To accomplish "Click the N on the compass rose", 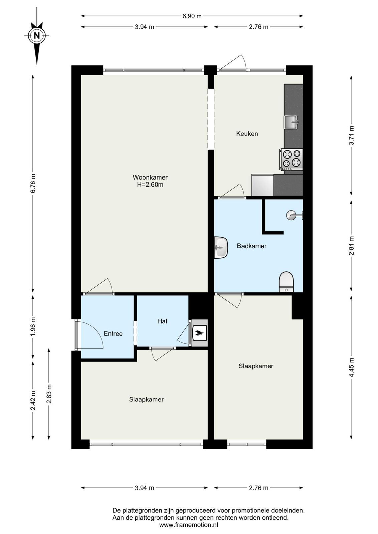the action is pyautogui.click(x=37, y=35).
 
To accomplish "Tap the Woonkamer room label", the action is pyautogui.click(x=150, y=177).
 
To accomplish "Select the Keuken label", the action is pyautogui.click(x=247, y=134).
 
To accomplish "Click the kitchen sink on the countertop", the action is pyautogui.click(x=291, y=122).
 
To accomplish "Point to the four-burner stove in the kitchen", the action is pyautogui.click(x=292, y=160).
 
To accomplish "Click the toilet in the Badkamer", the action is pyautogui.click(x=286, y=282).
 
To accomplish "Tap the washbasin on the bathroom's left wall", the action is pyautogui.click(x=221, y=247).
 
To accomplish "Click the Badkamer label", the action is pyautogui.click(x=251, y=246).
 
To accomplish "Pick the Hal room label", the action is pyautogui.click(x=162, y=321).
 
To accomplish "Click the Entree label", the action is pyautogui.click(x=113, y=333).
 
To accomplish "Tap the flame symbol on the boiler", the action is pyautogui.click(x=199, y=332).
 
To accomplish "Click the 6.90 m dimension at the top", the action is pyautogui.click(x=192, y=16).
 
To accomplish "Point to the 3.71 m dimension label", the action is pyautogui.click(x=352, y=135).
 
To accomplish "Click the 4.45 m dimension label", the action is pyautogui.click(x=352, y=367).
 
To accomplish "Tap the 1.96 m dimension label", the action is pyautogui.click(x=33, y=327).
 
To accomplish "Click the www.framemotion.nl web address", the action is pyautogui.click(x=189, y=525).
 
